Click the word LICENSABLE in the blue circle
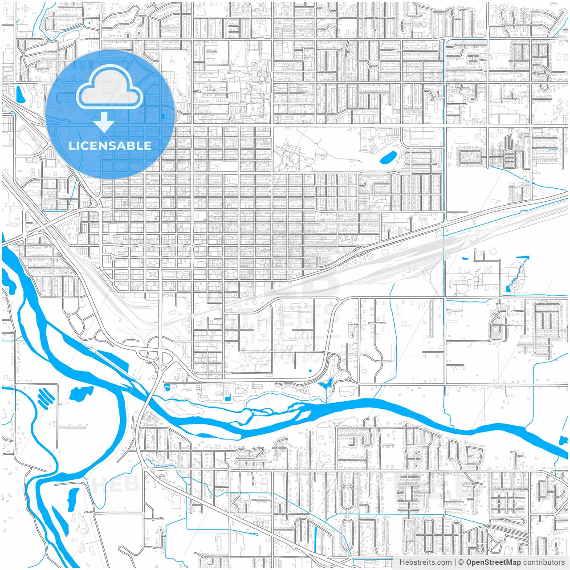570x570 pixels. click(x=110, y=146)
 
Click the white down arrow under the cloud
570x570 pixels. click(x=104, y=122)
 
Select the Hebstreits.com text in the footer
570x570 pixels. click(x=425, y=562)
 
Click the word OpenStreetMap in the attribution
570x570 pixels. click(x=493, y=562)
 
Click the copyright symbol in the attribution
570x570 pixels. click(x=461, y=562)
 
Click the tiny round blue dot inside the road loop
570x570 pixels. click(x=310, y=370)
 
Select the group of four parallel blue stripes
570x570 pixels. click(x=46, y=397)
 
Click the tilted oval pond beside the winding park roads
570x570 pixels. click(x=387, y=156)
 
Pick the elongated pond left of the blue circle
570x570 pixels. click(x=20, y=94)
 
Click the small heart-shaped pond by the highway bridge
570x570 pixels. click(x=167, y=387)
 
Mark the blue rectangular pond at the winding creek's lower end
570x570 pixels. click(x=508, y=289)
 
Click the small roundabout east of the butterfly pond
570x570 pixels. click(x=350, y=379)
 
